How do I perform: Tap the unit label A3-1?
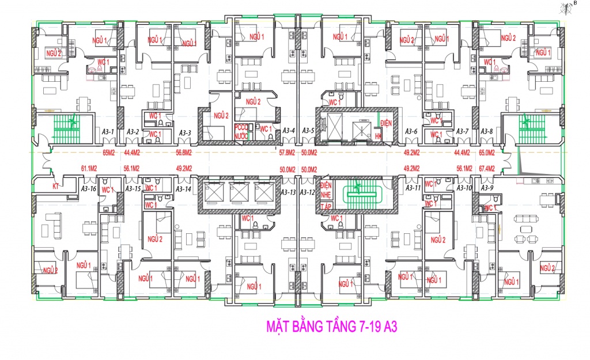click(x=108, y=132)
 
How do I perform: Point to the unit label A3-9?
click(x=487, y=188)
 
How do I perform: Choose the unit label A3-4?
click(x=289, y=131)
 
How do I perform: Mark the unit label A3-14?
click(x=184, y=189)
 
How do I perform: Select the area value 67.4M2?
click(x=487, y=169)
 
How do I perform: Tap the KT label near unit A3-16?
click(x=56, y=187)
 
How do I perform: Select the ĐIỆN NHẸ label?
click(x=326, y=191)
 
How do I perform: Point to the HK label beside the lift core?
click(x=379, y=136)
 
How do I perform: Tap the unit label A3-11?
click(x=413, y=188)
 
